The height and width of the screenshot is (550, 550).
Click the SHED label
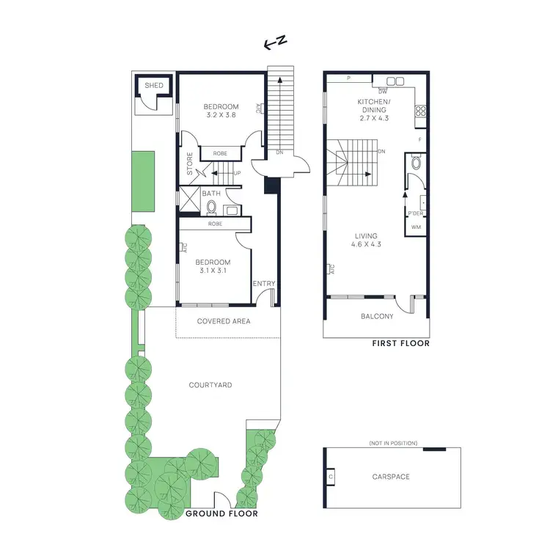click(154, 86)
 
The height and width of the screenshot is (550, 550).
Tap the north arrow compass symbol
click(275, 44)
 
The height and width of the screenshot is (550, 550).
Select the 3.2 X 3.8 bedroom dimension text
click(221, 115)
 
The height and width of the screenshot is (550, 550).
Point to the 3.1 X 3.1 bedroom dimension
click(212, 271)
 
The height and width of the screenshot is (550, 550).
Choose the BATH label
click(211, 194)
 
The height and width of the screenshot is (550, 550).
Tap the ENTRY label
click(263, 283)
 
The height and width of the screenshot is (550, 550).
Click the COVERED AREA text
click(224, 321)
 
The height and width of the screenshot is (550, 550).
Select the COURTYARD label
click(210, 385)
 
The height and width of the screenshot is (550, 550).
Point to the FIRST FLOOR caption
click(400, 343)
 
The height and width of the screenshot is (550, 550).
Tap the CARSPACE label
click(391, 477)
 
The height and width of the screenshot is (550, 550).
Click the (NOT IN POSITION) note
click(393, 444)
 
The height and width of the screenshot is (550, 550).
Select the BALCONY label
click(377, 317)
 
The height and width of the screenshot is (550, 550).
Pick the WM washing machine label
click(416, 227)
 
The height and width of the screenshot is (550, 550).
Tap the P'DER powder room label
click(416, 213)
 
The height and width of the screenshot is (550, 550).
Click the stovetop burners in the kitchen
click(422, 111)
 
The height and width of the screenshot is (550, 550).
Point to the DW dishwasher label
click(383, 91)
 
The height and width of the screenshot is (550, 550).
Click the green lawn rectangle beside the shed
click(144, 180)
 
